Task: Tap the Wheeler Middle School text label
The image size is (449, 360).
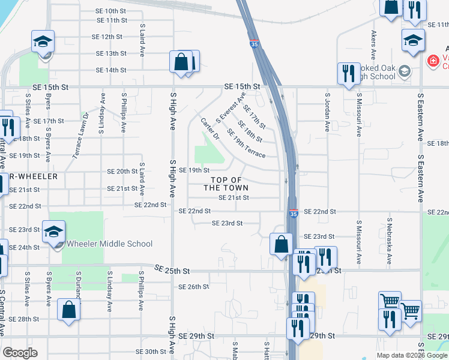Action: (x=109, y=244)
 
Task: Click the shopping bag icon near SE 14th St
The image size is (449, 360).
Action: (x=181, y=62)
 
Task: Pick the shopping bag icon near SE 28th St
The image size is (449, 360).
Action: (x=69, y=310)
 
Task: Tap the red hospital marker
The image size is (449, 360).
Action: (x=432, y=61)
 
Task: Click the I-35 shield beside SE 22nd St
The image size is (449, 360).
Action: (x=293, y=214)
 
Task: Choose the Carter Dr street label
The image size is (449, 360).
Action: (x=210, y=128)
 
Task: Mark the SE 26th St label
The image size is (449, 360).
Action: (x=193, y=287)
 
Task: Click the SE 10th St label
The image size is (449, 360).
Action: (x=112, y=11)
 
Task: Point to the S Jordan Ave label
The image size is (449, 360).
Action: (x=327, y=112)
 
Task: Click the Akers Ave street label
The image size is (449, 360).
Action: (x=373, y=44)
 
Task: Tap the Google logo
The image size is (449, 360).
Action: (x=20, y=353)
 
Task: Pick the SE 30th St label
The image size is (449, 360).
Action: (x=151, y=352)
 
